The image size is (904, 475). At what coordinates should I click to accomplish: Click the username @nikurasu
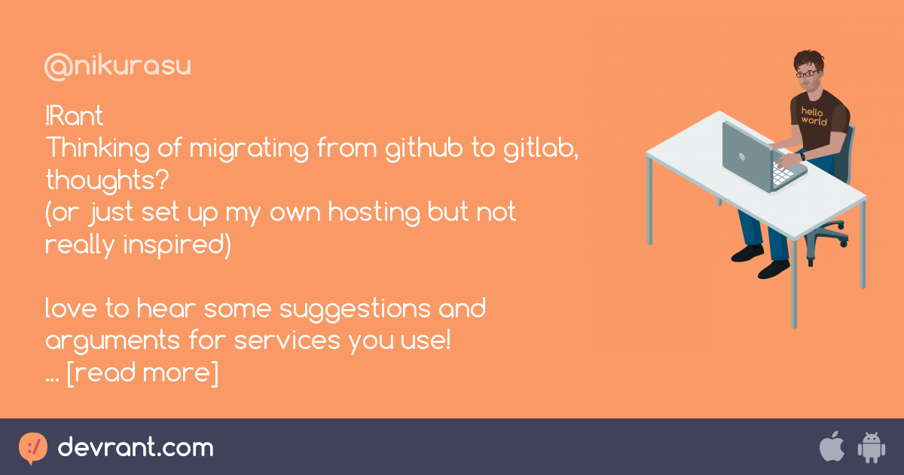click(118, 66)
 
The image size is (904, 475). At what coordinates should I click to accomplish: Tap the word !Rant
click(75, 116)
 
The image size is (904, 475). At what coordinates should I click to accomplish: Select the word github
click(423, 148)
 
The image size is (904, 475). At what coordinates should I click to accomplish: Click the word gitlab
click(541, 148)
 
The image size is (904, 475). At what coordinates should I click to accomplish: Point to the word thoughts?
click(107, 180)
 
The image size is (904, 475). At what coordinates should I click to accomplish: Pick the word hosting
click(374, 213)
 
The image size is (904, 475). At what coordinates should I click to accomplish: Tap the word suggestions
click(355, 310)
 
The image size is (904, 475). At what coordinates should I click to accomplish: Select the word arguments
click(112, 342)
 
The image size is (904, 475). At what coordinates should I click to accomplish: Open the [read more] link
click(142, 372)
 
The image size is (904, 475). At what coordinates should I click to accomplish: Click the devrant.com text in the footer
click(136, 448)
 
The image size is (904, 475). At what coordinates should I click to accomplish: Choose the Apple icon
click(832, 446)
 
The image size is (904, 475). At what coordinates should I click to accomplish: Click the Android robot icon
click(872, 448)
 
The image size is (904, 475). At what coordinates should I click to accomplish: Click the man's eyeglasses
click(806, 74)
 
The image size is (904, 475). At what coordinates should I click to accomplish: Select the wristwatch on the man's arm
click(803, 156)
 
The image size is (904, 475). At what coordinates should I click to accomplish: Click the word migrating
click(249, 148)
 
